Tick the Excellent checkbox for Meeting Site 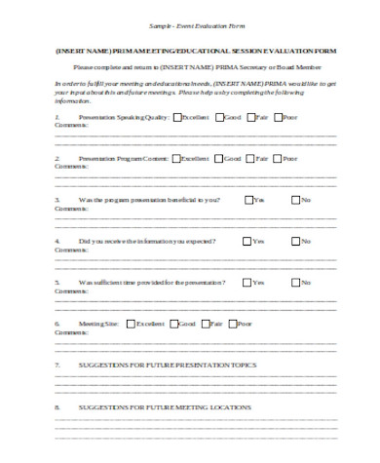pos(133,323)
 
